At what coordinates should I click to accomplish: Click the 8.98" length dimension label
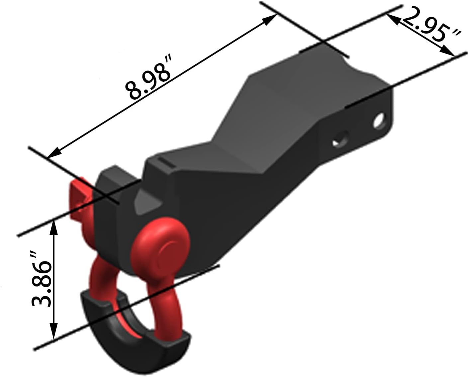[x=148, y=78]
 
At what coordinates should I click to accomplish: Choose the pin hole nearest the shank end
[x=379, y=121]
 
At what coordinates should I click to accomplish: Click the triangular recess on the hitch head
[x=145, y=203]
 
